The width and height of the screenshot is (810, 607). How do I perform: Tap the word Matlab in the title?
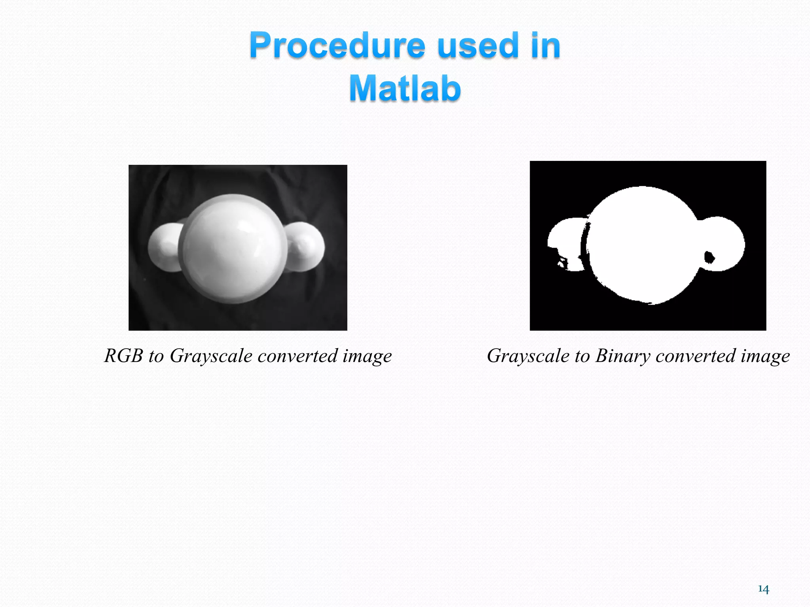(x=405, y=89)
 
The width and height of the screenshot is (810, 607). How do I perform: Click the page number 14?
(x=763, y=589)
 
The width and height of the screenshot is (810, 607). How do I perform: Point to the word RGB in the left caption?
(x=123, y=356)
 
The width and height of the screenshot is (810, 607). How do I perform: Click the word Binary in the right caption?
(x=623, y=356)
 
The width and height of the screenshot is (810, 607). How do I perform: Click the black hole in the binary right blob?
(x=710, y=258)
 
